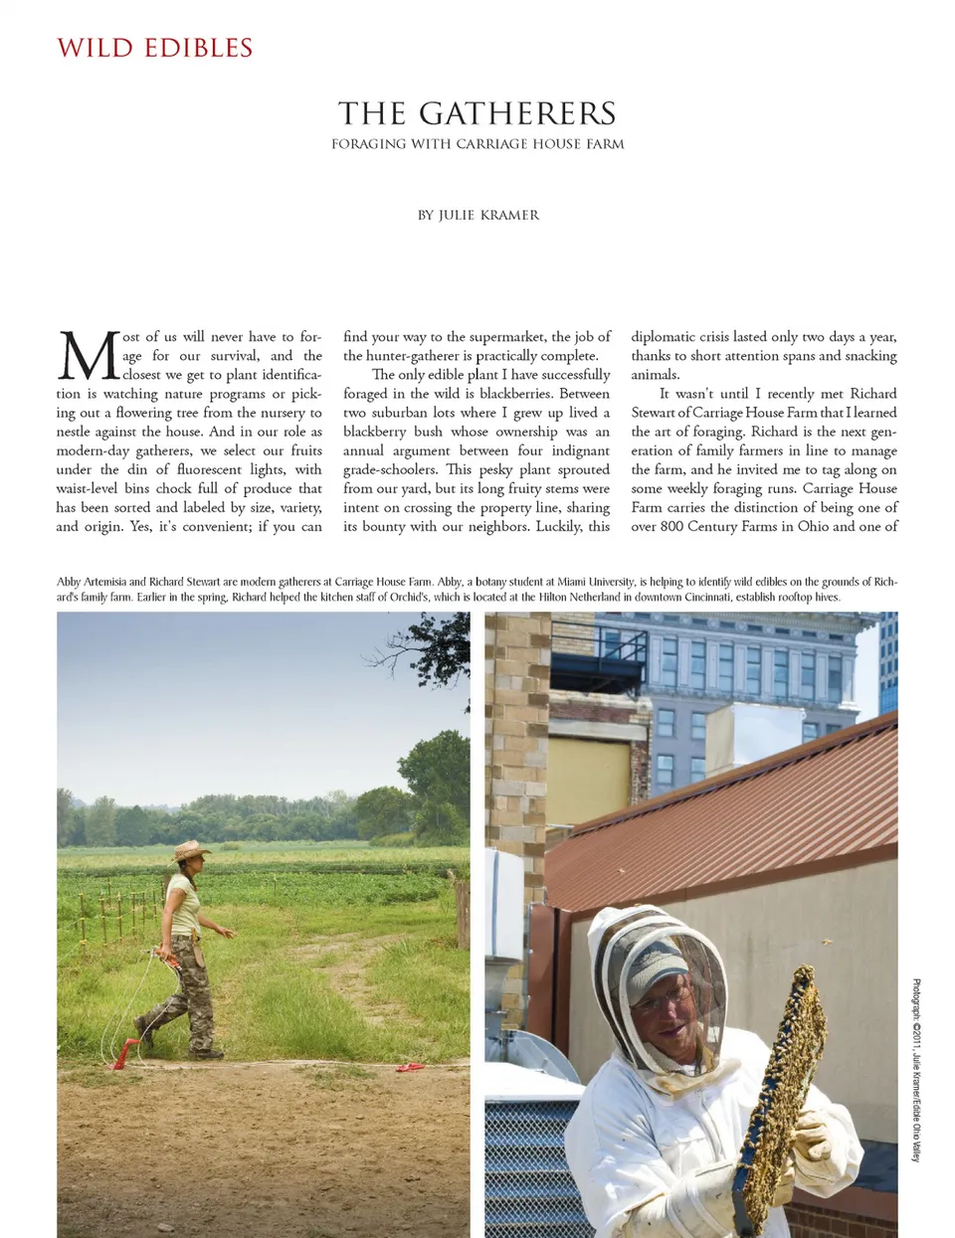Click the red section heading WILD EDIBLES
click(155, 48)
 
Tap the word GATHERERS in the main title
click(517, 113)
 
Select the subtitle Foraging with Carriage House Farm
click(477, 144)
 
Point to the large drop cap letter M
click(89, 356)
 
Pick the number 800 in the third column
click(671, 526)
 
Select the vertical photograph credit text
click(916, 1070)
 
